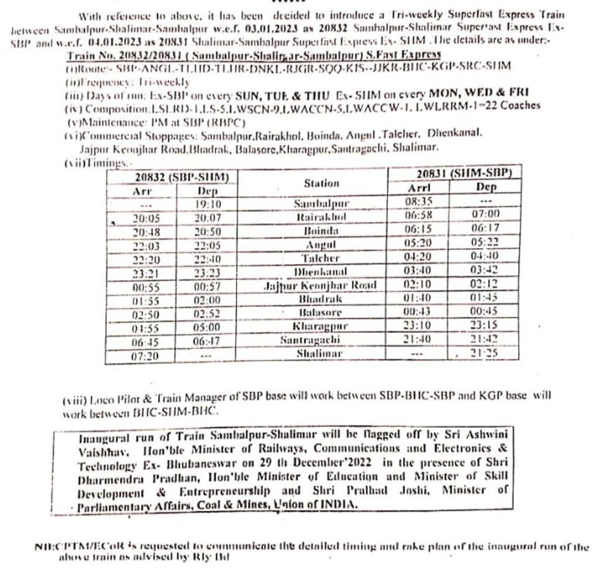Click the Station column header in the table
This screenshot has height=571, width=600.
(x=321, y=182)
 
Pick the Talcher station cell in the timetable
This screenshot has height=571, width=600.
(x=321, y=258)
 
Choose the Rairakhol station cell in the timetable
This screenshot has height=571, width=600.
(x=321, y=216)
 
